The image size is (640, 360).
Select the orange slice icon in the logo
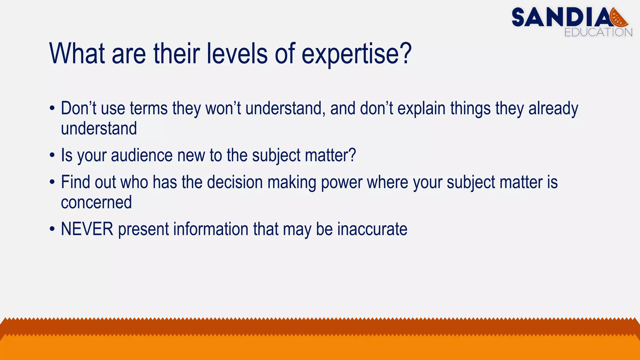click(x=619, y=18)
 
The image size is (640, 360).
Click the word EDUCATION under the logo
click(x=598, y=32)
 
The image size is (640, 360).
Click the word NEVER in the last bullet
click(x=87, y=229)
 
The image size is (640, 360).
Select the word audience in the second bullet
click(x=142, y=155)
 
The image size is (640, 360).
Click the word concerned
click(x=96, y=202)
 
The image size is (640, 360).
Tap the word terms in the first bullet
click(x=149, y=108)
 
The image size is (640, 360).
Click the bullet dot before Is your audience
click(x=52, y=156)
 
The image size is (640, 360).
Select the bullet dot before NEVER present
click(x=52, y=229)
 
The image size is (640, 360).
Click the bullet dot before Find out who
click(x=52, y=182)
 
